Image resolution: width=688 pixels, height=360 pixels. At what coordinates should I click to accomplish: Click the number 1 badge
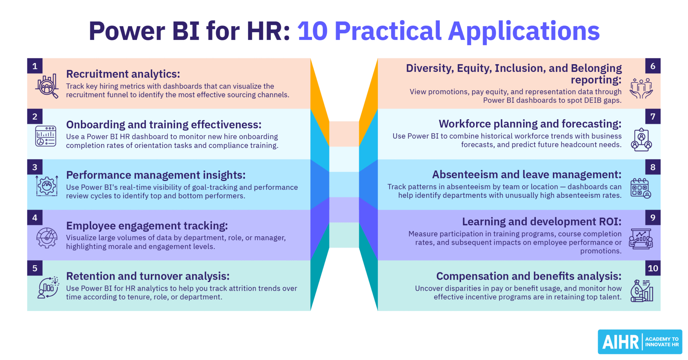[35, 66]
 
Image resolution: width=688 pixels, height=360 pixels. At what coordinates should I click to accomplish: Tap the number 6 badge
[653, 66]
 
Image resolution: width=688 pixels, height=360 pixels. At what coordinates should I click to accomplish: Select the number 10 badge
[653, 268]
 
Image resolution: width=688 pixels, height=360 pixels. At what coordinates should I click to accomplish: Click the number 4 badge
[35, 217]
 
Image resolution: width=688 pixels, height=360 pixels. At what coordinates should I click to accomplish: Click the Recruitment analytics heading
[123, 74]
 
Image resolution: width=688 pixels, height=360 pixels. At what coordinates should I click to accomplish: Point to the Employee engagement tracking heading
[147, 226]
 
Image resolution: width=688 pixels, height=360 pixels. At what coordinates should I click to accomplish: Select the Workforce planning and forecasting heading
[530, 124]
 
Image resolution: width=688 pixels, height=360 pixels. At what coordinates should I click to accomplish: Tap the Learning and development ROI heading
[542, 222]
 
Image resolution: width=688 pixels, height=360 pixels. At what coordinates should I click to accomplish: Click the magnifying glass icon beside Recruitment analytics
[47, 86]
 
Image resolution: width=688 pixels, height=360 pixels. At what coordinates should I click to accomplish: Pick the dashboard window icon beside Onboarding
[46, 136]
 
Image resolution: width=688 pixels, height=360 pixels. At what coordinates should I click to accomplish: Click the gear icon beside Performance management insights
[47, 186]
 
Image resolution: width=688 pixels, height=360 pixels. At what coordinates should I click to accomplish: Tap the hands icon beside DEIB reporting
[641, 88]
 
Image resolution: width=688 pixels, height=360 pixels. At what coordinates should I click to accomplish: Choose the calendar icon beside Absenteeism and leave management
[641, 188]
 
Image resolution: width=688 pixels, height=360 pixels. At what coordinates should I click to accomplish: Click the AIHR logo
[640, 342]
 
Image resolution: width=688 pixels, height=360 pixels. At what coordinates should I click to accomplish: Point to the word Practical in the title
[388, 31]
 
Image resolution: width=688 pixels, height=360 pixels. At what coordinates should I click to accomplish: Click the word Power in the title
[127, 31]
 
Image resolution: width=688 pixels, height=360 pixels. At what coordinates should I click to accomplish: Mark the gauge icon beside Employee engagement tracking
[47, 238]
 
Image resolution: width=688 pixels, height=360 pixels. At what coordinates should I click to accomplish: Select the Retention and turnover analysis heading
[148, 276]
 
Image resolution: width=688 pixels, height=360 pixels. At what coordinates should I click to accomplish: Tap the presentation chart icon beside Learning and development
[641, 239]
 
